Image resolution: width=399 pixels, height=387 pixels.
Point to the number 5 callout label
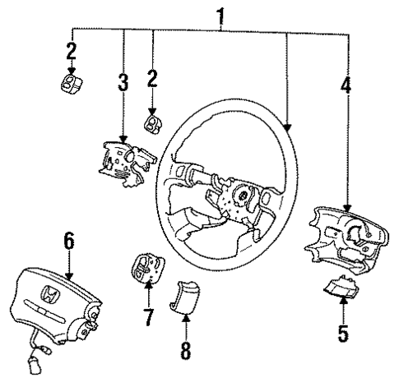(x=343, y=334)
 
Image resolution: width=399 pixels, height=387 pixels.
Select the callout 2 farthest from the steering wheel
(x=71, y=51)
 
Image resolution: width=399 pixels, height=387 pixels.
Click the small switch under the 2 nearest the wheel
(x=153, y=122)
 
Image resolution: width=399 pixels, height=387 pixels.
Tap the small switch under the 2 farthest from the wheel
(x=72, y=84)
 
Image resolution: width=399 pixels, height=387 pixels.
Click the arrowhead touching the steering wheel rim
(x=288, y=128)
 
